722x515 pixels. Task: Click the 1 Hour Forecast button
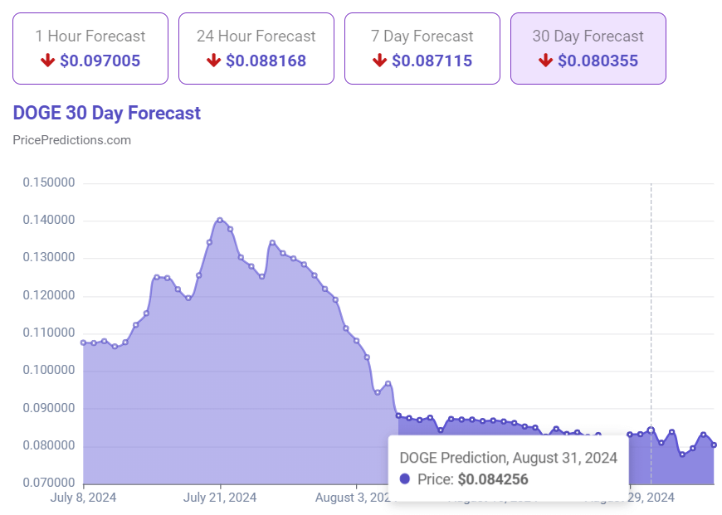pos(90,48)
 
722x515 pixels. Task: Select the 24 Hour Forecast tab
pos(256,48)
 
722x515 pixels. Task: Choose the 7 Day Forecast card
pos(422,48)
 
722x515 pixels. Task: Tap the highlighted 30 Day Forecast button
pos(588,48)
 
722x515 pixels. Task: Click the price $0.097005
pos(100,61)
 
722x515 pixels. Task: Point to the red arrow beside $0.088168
pos(213,61)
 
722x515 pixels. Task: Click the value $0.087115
pos(432,61)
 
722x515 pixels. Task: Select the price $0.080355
pos(598,61)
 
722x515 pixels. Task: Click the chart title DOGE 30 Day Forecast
pos(106,113)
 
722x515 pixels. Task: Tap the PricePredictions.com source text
pos(71,139)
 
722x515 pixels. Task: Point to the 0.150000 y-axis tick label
pos(49,182)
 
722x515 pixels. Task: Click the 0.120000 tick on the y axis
pos(49,295)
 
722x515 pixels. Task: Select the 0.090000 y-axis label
pos(49,408)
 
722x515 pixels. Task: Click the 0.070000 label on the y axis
pos(49,483)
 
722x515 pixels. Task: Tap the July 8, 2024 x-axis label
pos(83,498)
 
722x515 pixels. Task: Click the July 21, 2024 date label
pos(220,498)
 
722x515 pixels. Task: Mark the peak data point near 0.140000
pos(220,220)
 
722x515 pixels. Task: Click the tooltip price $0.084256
pos(492,479)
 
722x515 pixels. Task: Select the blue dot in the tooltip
pos(405,479)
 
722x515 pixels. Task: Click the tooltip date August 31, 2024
pos(564,457)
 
